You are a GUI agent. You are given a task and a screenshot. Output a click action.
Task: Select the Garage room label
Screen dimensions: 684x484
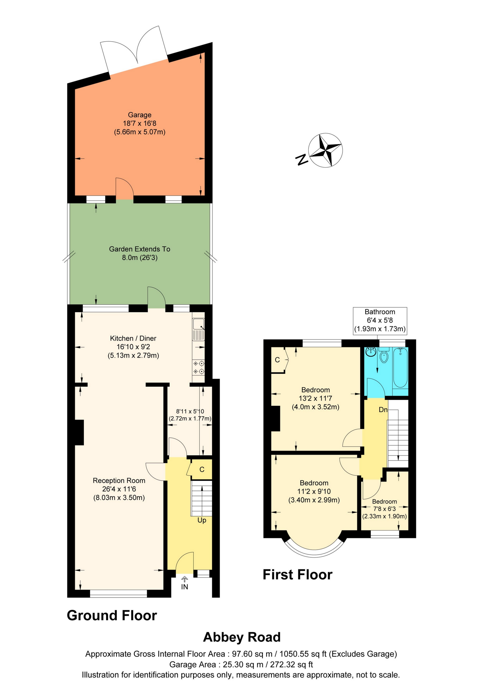pos(140,115)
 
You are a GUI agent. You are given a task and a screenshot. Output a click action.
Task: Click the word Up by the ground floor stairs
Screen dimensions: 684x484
pos(202,520)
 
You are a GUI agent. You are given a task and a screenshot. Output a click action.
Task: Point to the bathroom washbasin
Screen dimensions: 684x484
pos(371,352)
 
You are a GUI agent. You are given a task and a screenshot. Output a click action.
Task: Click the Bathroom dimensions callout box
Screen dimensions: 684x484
pos(380,320)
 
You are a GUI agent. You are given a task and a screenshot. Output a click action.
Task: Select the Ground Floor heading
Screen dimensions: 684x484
pos(112,615)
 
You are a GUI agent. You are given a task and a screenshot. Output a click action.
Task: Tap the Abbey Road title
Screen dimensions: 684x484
pos(242,637)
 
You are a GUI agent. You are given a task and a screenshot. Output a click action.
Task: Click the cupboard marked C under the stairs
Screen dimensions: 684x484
pos(202,469)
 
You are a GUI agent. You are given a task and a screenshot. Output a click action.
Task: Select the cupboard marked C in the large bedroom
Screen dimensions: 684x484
pos(277,360)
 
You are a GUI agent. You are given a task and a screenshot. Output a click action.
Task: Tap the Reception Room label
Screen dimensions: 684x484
pos(119,480)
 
